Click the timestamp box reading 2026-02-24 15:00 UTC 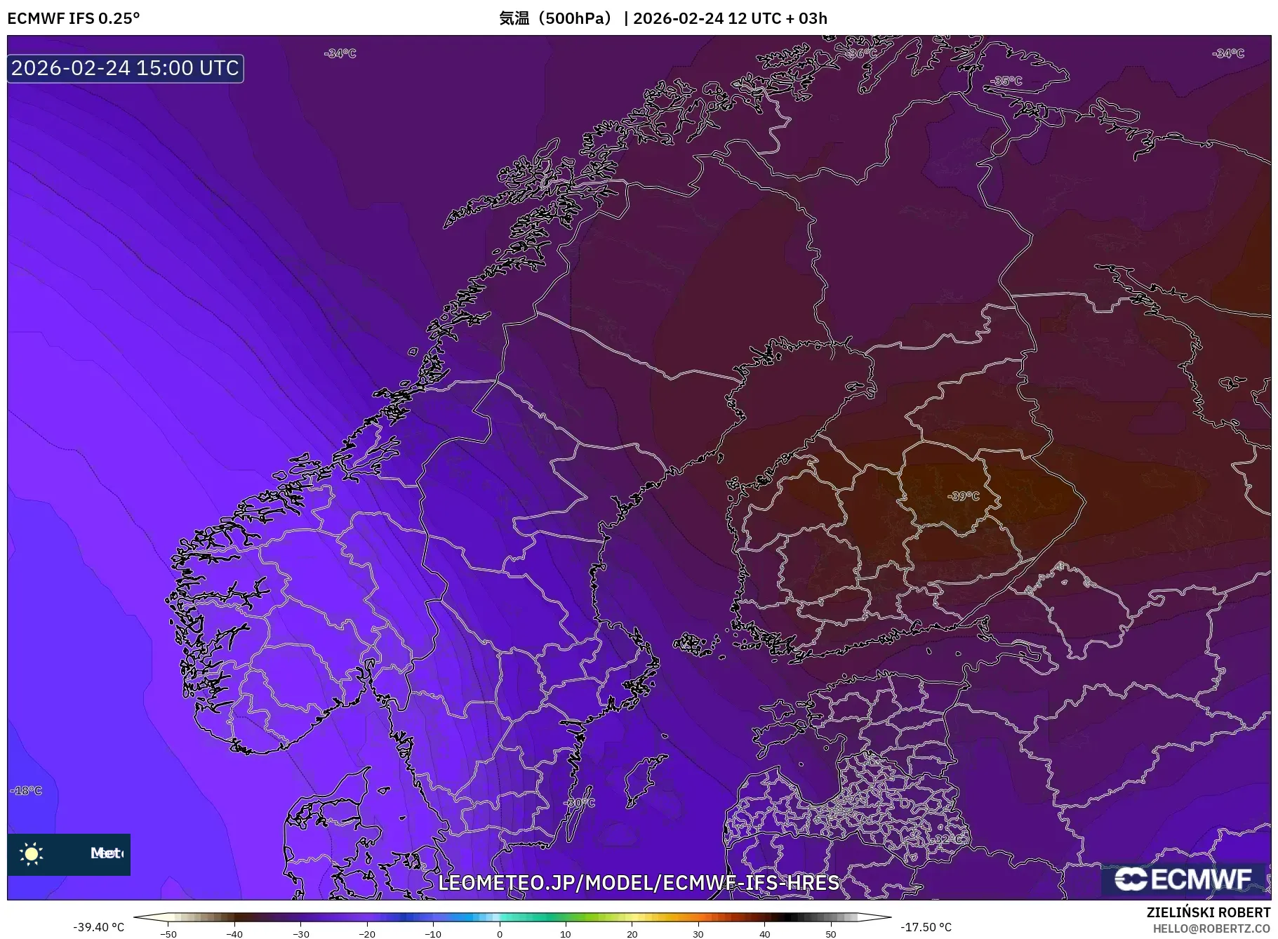125,68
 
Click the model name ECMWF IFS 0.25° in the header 74,18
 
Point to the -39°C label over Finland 963,496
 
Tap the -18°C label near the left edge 26,790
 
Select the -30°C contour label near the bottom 580,802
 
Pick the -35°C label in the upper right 1006,81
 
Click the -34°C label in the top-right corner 1227,53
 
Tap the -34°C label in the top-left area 340,53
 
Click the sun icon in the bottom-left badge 32,853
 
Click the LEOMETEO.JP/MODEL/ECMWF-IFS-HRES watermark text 638,882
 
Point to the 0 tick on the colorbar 500,934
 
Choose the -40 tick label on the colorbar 234,934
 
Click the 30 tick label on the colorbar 698,934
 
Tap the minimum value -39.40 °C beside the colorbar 98,927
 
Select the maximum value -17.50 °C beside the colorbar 926,927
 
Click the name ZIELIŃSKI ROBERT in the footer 1208,912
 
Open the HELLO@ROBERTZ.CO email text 1211,928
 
